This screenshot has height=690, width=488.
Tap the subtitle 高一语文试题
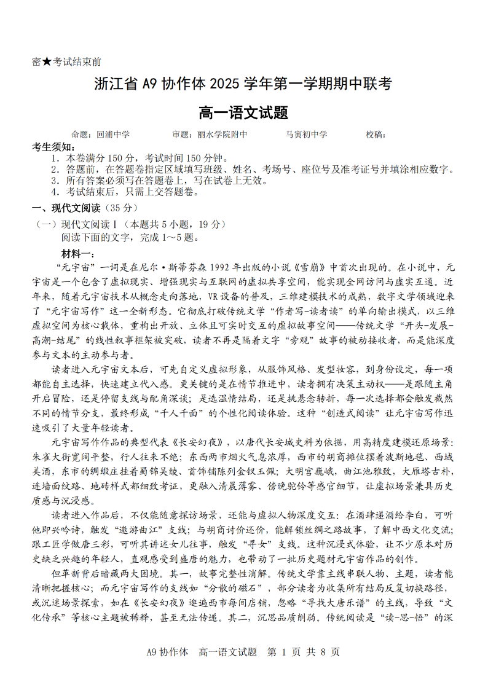click(x=243, y=113)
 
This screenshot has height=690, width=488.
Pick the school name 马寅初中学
click(x=307, y=135)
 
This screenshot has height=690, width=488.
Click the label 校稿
click(x=374, y=135)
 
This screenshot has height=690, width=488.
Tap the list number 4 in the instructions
click(x=55, y=192)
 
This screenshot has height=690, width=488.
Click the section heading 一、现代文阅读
click(x=68, y=208)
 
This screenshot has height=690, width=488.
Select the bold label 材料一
click(x=77, y=254)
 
